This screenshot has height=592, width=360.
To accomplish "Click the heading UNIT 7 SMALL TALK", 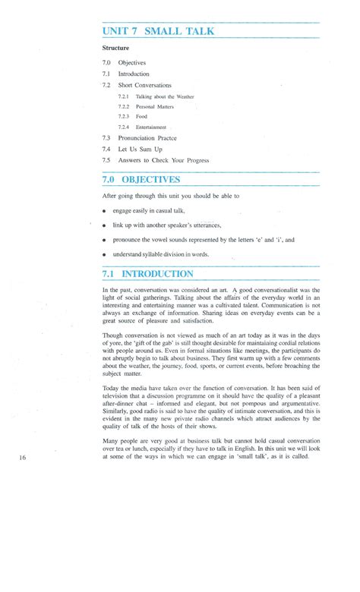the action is [159, 31].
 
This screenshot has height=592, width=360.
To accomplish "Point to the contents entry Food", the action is [142, 117].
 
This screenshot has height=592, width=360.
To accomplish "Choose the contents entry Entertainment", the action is [151, 128].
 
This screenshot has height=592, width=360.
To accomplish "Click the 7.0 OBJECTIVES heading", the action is [152, 180].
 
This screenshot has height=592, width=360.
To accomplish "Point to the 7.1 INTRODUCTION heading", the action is [158, 273].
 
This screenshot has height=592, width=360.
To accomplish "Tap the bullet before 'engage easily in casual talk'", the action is [104, 210].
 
